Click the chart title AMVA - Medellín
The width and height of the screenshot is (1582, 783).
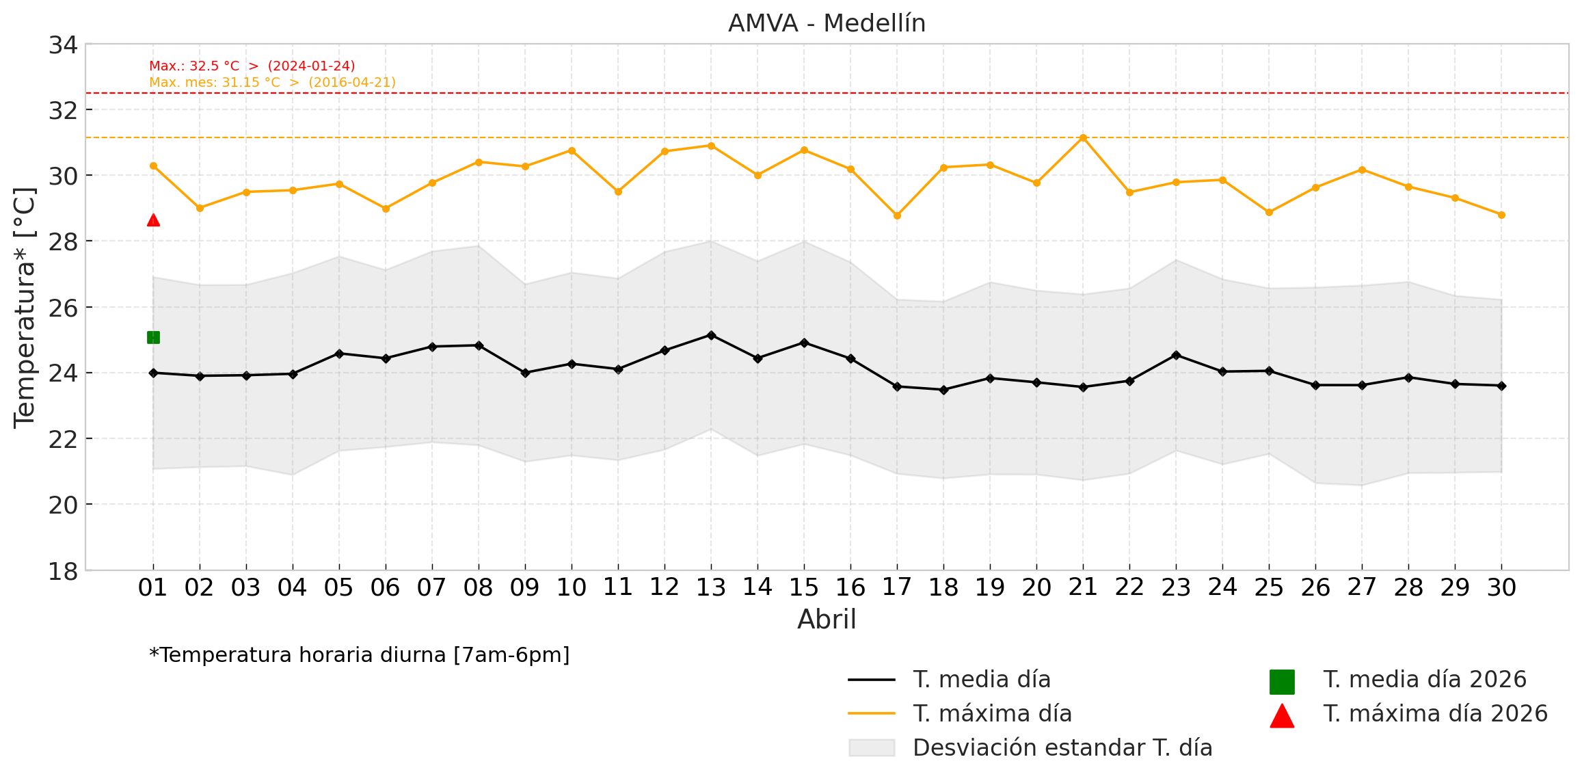click(x=827, y=23)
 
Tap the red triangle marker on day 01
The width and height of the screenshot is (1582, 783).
click(x=153, y=220)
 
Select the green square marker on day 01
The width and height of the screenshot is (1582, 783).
click(x=153, y=337)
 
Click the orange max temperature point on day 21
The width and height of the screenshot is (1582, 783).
click(x=1083, y=137)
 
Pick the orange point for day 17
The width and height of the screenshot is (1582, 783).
click(x=897, y=215)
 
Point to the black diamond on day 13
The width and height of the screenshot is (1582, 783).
click(x=711, y=335)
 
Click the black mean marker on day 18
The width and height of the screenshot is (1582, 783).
click(x=943, y=390)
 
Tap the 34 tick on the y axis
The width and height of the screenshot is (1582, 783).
click(x=63, y=45)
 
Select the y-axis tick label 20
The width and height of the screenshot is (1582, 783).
click(x=63, y=505)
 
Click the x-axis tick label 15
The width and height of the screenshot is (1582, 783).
click(x=803, y=587)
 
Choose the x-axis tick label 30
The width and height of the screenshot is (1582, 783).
click(x=1501, y=587)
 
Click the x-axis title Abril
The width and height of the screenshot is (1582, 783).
click(x=827, y=620)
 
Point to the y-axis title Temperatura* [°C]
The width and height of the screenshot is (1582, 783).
click(x=25, y=308)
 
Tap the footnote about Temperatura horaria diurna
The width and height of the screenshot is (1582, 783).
click(x=360, y=655)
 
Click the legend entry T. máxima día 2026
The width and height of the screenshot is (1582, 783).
click(x=1435, y=714)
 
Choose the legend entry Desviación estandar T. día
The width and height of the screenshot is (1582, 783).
click(x=1062, y=748)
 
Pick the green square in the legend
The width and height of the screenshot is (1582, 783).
click(x=1282, y=682)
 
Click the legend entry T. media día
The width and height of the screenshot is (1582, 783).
click(x=981, y=680)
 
